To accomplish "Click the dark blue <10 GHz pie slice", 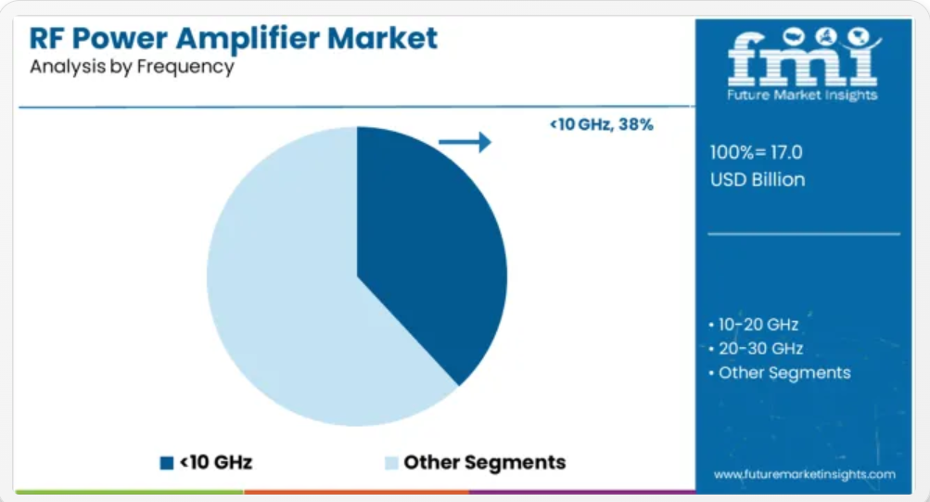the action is tap(427, 250).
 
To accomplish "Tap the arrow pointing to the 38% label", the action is tap(465, 142).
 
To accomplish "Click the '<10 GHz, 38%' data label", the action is tap(602, 124).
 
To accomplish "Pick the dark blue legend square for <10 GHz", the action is tap(167, 463).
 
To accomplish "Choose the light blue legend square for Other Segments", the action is tap(391, 463).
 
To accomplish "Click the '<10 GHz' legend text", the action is tap(216, 462).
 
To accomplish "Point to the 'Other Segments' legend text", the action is tap(485, 462).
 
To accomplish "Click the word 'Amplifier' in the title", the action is tap(248, 39).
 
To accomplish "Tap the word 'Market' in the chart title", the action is tap(383, 39).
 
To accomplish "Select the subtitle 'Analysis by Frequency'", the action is tap(132, 67).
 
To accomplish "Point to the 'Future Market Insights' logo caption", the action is tap(802, 95).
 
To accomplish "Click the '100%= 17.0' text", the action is tap(757, 152).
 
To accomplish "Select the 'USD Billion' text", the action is tap(758, 180).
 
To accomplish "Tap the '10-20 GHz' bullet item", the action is tap(754, 325).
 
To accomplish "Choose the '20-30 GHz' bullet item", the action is tap(757, 348).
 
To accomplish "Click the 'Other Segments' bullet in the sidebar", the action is tap(780, 373).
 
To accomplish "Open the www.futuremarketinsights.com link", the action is tap(804, 475).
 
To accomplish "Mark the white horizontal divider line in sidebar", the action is tap(804, 235).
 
